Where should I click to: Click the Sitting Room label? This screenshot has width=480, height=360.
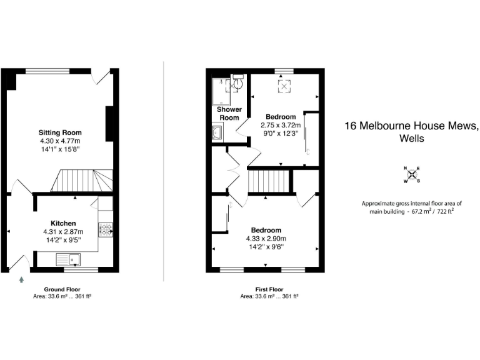[x=60, y=132]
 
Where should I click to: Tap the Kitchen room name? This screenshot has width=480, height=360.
[x=63, y=223]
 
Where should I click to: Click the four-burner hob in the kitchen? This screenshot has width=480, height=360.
[x=104, y=230]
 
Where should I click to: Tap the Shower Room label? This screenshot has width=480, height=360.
[x=229, y=114]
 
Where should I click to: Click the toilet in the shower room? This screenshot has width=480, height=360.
[x=239, y=82]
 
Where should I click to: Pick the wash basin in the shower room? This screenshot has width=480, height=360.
[x=217, y=132]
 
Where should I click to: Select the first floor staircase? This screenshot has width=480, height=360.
[x=271, y=182]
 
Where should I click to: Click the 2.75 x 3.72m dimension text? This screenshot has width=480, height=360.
[x=280, y=125]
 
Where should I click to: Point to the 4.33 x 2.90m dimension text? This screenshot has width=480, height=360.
[x=266, y=238]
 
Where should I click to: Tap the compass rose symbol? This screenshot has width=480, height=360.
[x=411, y=174]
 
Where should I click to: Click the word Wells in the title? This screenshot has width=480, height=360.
[x=411, y=138]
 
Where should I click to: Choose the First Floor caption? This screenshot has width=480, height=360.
[x=269, y=289]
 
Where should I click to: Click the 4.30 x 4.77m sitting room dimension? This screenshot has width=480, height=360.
[x=60, y=141]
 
